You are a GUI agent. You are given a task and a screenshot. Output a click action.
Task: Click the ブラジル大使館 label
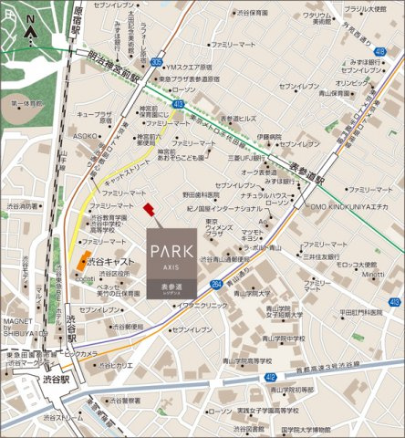[x=363, y=9]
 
